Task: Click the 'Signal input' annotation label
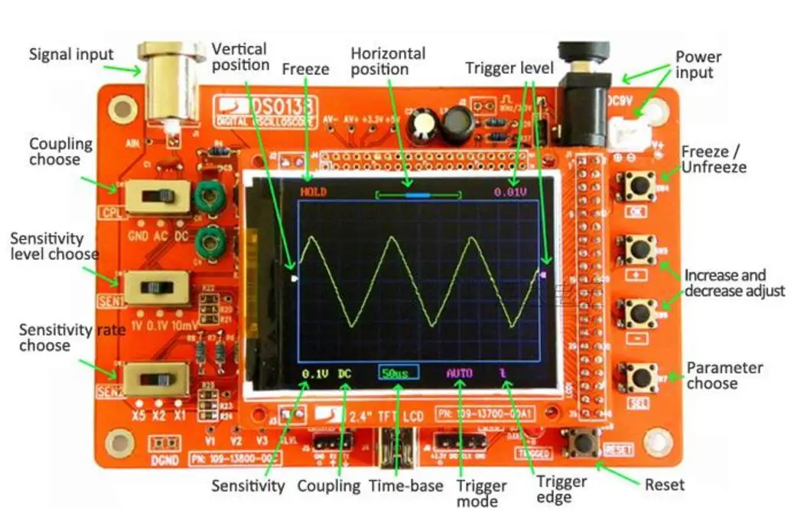pyautogui.click(x=70, y=54)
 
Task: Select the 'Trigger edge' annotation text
pyautogui.click(x=561, y=489)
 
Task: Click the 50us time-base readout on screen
pyautogui.click(x=398, y=373)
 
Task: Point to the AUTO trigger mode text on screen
pyautogui.click(x=460, y=373)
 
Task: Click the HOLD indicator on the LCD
pyautogui.click(x=313, y=191)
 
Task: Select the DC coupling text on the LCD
pyautogui.click(x=345, y=373)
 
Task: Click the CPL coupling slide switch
pyautogui.click(x=158, y=198)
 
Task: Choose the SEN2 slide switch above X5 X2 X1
pyautogui.click(x=157, y=379)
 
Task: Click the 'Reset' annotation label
pyautogui.click(x=665, y=484)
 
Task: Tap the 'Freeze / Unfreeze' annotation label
pyautogui.click(x=714, y=159)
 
